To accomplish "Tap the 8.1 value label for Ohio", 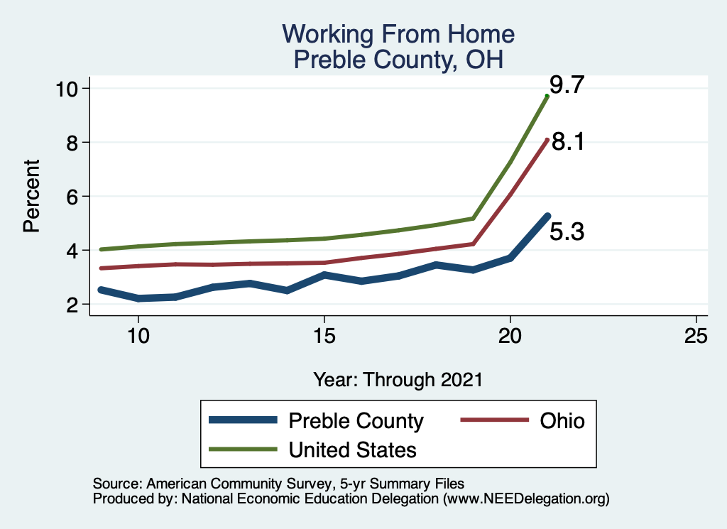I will (568, 142).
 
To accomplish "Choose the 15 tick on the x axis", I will (324, 335).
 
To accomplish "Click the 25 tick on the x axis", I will (696, 335).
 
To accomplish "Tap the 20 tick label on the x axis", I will (510, 335).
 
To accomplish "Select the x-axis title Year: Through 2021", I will (398, 380).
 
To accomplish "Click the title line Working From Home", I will (398, 34).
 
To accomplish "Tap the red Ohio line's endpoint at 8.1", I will (547, 140).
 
